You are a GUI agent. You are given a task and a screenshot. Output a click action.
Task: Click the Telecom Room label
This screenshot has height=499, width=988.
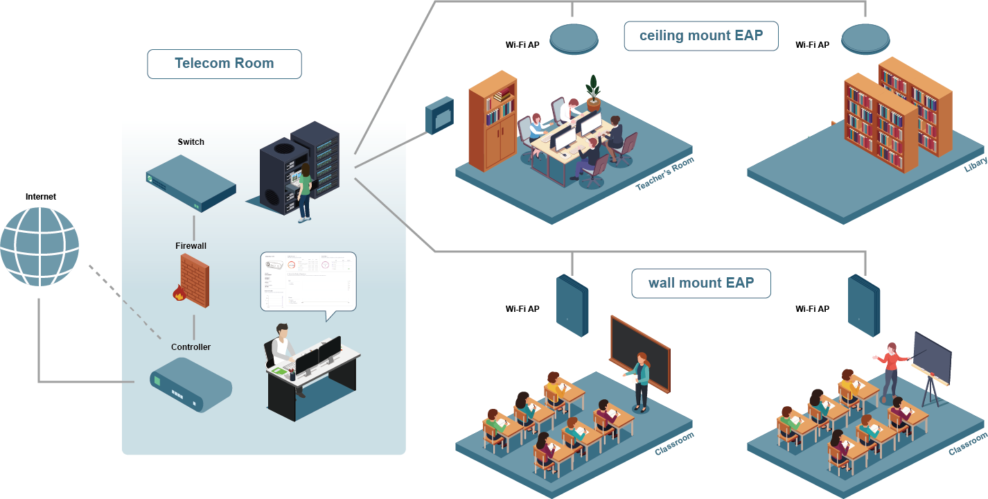click(x=224, y=64)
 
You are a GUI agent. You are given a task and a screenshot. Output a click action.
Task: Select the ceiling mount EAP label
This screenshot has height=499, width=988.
click(x=700, y=36)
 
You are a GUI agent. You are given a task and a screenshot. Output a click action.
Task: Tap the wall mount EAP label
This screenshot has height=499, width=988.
click(x=700, y=283)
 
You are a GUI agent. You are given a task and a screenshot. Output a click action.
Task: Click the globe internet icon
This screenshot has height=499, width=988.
click(x=39, y=246)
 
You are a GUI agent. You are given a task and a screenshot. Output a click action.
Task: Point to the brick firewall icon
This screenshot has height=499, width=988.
click(x=193, y=281)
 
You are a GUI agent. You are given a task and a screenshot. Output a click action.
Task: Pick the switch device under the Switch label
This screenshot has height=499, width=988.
click(x=191, y=183)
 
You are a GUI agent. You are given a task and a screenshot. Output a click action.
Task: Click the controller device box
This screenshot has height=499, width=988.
click(x=191, y=384)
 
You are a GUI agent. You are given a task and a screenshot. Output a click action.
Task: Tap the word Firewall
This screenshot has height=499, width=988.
click(x=191, y=246)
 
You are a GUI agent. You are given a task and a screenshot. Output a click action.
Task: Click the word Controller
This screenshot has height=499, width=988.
click(x=191, y=347)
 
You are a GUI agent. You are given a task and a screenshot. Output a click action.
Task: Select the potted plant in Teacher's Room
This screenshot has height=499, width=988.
click(x=593, y=93)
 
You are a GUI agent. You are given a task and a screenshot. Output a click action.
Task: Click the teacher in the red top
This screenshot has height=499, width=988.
click(x=891, y=367)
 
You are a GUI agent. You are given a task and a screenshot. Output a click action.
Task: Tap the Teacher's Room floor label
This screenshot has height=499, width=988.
click(x=664, y=174)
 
